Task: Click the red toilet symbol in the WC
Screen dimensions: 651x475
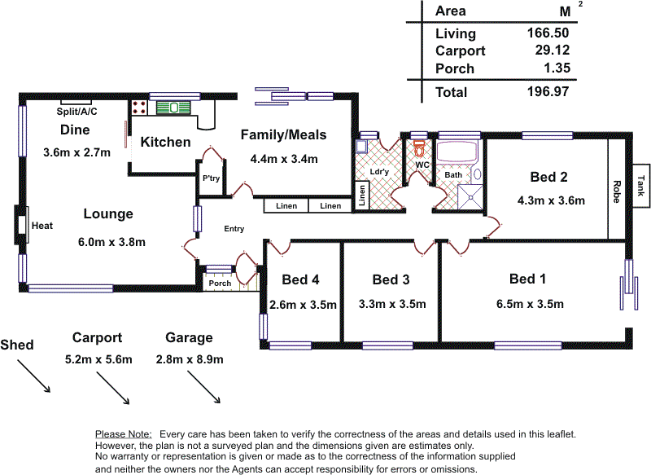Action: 419,148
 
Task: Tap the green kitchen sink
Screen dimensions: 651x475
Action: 173,108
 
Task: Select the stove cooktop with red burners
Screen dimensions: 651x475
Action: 139,108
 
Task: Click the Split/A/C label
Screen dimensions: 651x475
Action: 76,112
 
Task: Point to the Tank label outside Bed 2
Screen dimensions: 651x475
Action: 640,185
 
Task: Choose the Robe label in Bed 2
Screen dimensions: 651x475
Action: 617,191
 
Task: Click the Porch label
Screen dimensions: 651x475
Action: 220,284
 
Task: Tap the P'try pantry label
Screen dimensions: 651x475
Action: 211,178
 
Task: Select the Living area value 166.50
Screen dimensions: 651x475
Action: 548,33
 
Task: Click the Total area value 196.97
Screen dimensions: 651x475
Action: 548,91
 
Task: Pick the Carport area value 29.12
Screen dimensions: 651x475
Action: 553,50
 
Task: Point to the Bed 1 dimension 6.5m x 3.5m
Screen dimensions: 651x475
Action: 531,304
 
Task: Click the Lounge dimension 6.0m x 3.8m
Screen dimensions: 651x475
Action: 111,242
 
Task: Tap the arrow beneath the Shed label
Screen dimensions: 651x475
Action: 33,376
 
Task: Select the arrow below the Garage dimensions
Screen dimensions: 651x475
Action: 203,387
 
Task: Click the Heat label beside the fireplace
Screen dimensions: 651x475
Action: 42,226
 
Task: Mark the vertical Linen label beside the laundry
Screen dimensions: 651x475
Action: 362,196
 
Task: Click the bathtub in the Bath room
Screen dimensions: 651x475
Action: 457,152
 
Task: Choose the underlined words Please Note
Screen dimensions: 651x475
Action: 124,434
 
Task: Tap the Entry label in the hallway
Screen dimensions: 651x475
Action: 234,229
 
